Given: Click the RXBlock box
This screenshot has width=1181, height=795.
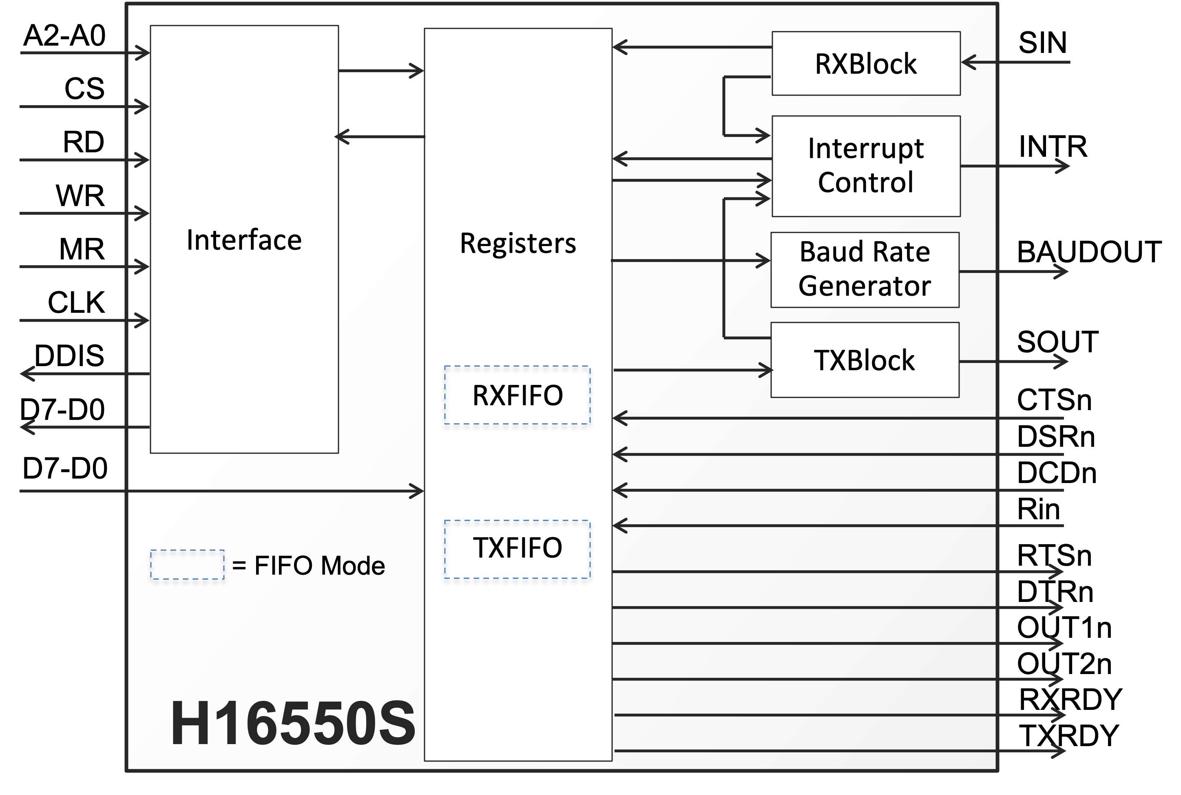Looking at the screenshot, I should coord(866,64).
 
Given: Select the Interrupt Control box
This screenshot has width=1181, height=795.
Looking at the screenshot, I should coord(866,166).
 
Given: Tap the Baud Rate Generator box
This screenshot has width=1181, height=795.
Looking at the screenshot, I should coord(865,269).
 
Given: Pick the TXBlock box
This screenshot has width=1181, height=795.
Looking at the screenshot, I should coord(865,360).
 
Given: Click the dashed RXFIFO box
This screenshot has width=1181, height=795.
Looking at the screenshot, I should coord(517,395).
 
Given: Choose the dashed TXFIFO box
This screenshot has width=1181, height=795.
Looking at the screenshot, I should coord(517,549).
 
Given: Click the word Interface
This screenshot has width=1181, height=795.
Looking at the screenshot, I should coord(244,240).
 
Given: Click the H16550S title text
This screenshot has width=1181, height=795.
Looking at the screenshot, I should coord(293,723).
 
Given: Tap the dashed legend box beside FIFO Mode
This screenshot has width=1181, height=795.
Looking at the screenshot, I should coord(187,564).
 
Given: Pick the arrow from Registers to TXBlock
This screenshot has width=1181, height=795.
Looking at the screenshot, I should coord(692,370).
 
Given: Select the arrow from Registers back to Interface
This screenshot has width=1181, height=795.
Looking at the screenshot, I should coord(380,136).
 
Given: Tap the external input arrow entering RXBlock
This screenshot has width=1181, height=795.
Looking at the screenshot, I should coord(1015,62).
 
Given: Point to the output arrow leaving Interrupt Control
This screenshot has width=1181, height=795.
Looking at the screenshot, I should coord(1015,166).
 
